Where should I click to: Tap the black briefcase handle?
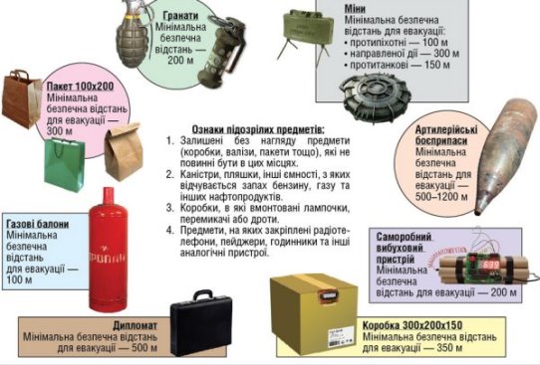click(202, 295)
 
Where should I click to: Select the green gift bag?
click(65, 165)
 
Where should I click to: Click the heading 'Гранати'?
click(180, 16)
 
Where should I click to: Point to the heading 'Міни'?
click(355, 9)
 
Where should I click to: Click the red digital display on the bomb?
click(490, 265)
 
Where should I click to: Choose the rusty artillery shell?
click(505, 156)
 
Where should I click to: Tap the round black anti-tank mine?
click(376, 96)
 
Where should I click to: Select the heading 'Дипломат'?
click(135, 325)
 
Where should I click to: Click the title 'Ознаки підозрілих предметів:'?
click(258, 129)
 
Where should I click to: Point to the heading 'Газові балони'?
click(38, 224)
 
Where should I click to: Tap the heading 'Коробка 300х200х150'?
click(412, 325)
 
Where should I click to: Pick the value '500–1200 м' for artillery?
click(441, 197)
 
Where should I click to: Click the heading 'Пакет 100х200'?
click(80, 86)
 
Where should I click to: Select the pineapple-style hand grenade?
click(133, 35)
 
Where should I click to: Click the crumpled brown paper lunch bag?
click(124, 151)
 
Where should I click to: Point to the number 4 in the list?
click(169, 230)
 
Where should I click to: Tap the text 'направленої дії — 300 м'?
click(405, 54)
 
